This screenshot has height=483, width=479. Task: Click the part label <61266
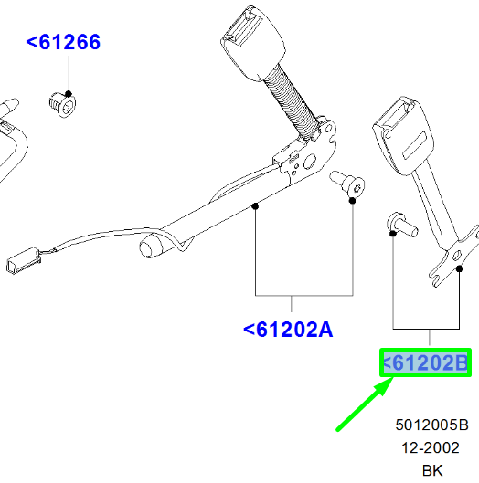[x=63, y=42]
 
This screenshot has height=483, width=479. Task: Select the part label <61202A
[x=288, y=330]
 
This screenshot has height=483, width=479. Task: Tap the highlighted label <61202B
[x=425, y=362]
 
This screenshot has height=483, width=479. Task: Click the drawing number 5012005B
[x=431, y=425]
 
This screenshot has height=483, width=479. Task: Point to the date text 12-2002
[x=431, y=447]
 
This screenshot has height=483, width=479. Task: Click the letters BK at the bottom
[x=432, y=470]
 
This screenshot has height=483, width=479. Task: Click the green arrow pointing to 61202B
[x=365, y=404]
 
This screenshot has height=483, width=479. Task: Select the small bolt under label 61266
[x=62, y=104]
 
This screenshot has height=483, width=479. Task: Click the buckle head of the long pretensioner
[x=253, y=43]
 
